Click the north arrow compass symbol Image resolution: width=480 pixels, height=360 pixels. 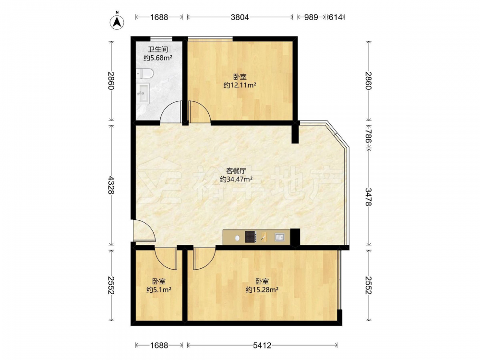point(117,22)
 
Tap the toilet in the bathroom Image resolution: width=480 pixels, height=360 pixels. point(145,73)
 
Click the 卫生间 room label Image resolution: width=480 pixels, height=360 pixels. point(158,49)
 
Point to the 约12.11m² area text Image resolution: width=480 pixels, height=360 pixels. point(240,85)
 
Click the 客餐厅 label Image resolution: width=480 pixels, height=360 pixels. point(236,170)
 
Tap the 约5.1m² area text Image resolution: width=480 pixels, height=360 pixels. point(158,289)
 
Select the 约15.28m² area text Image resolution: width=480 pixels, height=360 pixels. point(262,289)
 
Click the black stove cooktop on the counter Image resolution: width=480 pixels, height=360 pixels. point(250,237)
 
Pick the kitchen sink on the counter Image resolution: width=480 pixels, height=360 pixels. point(280,237)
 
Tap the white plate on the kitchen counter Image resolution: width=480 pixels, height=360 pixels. point(237,237)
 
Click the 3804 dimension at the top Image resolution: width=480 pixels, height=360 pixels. point(240,17)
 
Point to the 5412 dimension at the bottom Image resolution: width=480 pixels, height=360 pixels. point(262,345)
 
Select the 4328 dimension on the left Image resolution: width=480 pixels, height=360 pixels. point(111,185)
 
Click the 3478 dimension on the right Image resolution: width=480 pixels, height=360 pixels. point(369,197)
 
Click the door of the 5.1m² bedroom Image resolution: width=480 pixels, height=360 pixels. point(166,259)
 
